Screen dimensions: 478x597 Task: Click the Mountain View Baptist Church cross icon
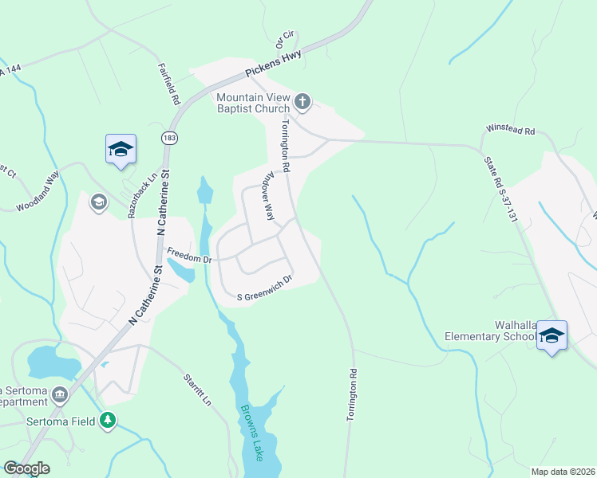coord(302,101)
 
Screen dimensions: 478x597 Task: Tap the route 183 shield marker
coord(168,138)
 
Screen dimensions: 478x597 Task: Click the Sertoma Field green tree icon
coord(108,420)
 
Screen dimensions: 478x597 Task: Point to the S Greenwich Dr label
coord(267,289)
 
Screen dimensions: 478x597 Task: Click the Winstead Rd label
coord(511,129)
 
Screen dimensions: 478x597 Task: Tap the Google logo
coord(26,468)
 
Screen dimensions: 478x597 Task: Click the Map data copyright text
coord(562,472)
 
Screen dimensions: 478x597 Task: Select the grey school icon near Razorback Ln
coord(99,200)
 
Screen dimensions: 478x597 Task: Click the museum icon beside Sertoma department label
coord(59,394)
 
